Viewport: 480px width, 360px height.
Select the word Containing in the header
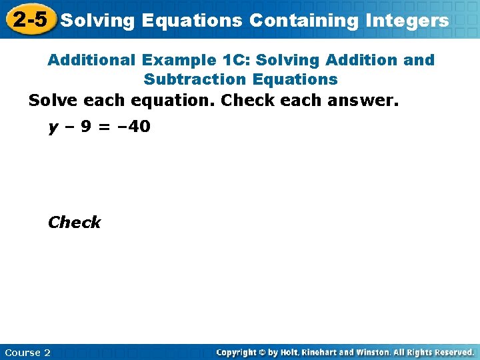click(x=304, y=21)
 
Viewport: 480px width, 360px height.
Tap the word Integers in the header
click(x=407, y=21)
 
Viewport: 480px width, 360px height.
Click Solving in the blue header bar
click(x=97, y=21)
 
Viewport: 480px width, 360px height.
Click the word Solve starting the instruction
click(x=53, y=101)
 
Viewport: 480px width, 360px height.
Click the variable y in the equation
click(x=52, y=127)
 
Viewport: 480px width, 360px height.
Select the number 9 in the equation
click(x=85, y=126)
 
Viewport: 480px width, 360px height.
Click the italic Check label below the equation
click(x=74, y=222)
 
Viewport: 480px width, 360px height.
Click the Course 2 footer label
click(x=27, y=352)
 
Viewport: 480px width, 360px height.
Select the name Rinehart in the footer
click(x=324, y=352)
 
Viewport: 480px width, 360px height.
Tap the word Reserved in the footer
click(x=453, y=352)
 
